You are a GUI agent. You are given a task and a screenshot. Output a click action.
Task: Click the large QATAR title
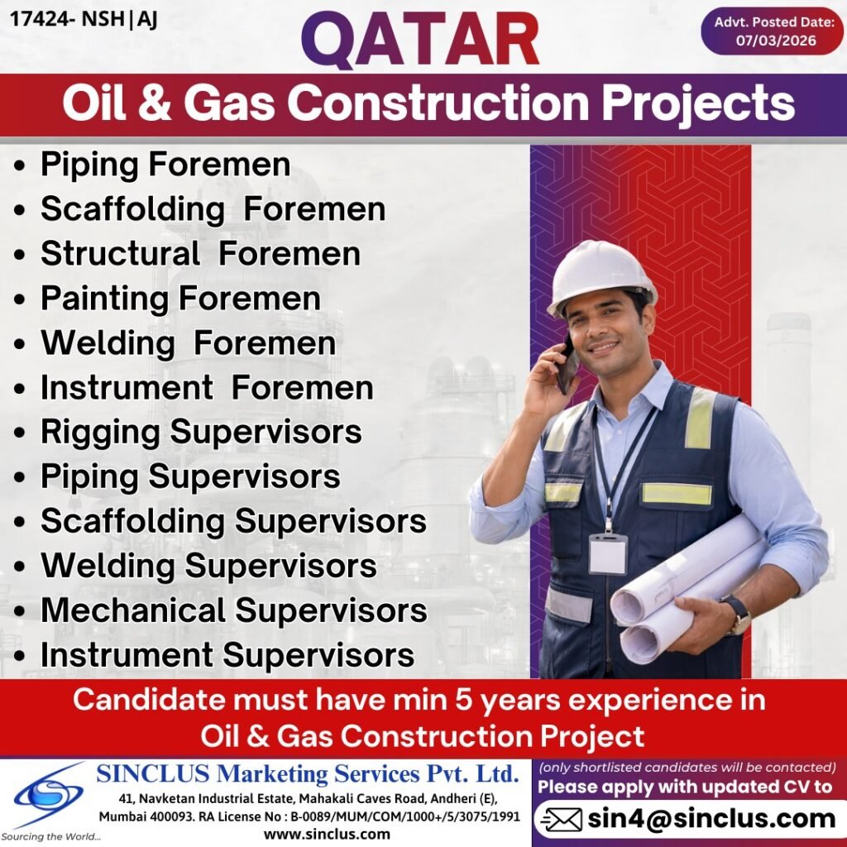coord(420,40)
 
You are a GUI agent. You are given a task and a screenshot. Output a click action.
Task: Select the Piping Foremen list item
coord(165,164)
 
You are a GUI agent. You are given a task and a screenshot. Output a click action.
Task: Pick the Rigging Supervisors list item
coord(201,432)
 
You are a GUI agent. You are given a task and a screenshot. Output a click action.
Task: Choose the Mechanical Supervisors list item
coord(233,610)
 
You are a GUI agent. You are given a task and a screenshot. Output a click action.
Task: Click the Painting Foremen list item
coord(180,298)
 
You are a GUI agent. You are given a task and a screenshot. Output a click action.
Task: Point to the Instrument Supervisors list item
coord(227,655)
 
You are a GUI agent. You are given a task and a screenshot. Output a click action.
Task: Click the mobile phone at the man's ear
coord(567,365)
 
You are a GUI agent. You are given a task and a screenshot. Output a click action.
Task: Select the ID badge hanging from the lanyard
coord(608,553)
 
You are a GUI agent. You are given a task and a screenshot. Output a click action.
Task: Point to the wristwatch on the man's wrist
coord(736,615)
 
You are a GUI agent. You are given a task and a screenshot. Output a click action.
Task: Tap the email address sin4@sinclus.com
coord(712,819)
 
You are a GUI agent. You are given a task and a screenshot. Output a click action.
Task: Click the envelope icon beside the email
coord(560,820)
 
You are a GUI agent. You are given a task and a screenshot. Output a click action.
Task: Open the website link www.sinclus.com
coord(327,834)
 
